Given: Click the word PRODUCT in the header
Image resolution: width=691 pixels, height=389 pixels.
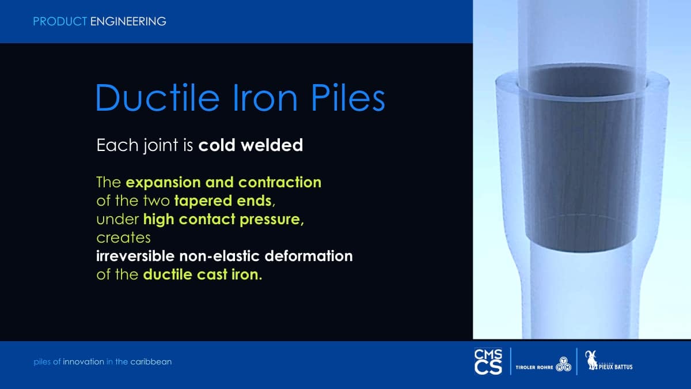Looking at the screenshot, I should (60, 22).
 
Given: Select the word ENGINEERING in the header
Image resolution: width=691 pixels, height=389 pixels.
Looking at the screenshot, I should (128, 22).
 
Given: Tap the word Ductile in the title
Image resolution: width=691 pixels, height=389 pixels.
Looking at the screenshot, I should (157, 97).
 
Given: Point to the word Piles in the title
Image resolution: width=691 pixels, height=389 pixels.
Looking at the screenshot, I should (348, 97).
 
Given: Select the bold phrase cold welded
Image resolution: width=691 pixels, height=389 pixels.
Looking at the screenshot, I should (250, 145).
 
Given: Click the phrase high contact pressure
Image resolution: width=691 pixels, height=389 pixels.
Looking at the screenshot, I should (223, 220).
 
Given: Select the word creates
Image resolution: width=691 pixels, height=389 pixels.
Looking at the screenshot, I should (123, 237).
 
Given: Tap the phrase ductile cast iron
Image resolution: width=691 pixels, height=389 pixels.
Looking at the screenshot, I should (203, 274).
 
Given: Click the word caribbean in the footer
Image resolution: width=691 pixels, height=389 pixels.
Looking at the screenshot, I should (151, 362).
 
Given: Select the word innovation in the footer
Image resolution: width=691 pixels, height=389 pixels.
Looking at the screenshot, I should (83, 362).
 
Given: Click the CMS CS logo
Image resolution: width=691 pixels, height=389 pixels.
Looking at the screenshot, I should (488, 362).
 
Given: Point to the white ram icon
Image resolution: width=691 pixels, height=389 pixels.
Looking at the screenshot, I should (591, 360).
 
